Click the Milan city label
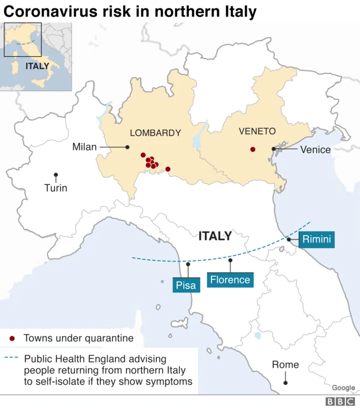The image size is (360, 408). [84, 147]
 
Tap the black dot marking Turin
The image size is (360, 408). [56, 175]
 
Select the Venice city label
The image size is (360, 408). [315, 149]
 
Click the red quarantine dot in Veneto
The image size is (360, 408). [253, 149]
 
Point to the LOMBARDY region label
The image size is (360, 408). [155, 133]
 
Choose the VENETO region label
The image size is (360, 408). [257, 131]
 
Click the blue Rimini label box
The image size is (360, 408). [317, 240]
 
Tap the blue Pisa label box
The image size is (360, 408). [186, 285]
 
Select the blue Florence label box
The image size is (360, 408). [229, 280]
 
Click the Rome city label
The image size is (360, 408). [285, 365]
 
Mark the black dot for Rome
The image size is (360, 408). [286, 383]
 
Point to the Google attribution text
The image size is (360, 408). [343, 388]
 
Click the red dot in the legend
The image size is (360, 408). [12, 339]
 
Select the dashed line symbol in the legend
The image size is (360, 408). [12, 358]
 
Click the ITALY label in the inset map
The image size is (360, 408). [37, 66]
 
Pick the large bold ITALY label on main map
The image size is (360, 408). [215, 236]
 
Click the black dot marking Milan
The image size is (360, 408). [128, 147]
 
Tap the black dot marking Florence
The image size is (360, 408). [230, 261]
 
